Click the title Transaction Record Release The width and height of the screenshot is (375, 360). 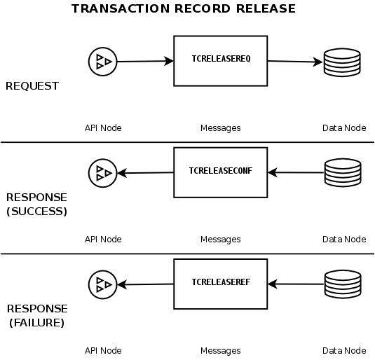pyautogui.click(x=184, y=9)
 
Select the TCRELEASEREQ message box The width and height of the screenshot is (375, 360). pyautogui.click(x=220, y=60)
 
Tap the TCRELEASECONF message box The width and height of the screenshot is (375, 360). pyautogui.click(x=220, y=171)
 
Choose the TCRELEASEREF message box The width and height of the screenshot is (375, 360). pyautogui.click(x=220, y=283)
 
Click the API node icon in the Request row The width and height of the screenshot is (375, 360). pyautogui.click(x=102, y=62)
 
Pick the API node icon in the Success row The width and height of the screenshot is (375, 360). pyautogui.click(x=102, y=172)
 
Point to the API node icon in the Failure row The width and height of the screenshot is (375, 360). pyautogui.click(x=102, y=284)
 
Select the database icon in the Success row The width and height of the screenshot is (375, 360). pyautogui.click(x=342, y=172)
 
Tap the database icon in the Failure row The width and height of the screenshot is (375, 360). pyautogui.click(x=342, y=284)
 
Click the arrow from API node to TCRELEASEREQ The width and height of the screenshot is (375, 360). pyautogui.click(x=144, y=62)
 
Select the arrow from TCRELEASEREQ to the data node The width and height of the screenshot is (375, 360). pyautogui.click(x=294, y=62)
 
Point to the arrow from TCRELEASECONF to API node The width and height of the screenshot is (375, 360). pyautogui.click(x=145, y=173)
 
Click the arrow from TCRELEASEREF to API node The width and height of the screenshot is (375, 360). pyautogui.click(x=145, y=284)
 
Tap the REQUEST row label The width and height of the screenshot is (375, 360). pyautogui.click(x=32, y=86)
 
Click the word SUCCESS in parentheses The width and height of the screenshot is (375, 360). pyautogui.click(x=36, y=212)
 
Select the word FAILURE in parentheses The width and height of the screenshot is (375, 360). pyautogui.click(x=36, y=323)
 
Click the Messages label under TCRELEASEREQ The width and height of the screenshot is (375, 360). pyautogui.click(x=220, y=128)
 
